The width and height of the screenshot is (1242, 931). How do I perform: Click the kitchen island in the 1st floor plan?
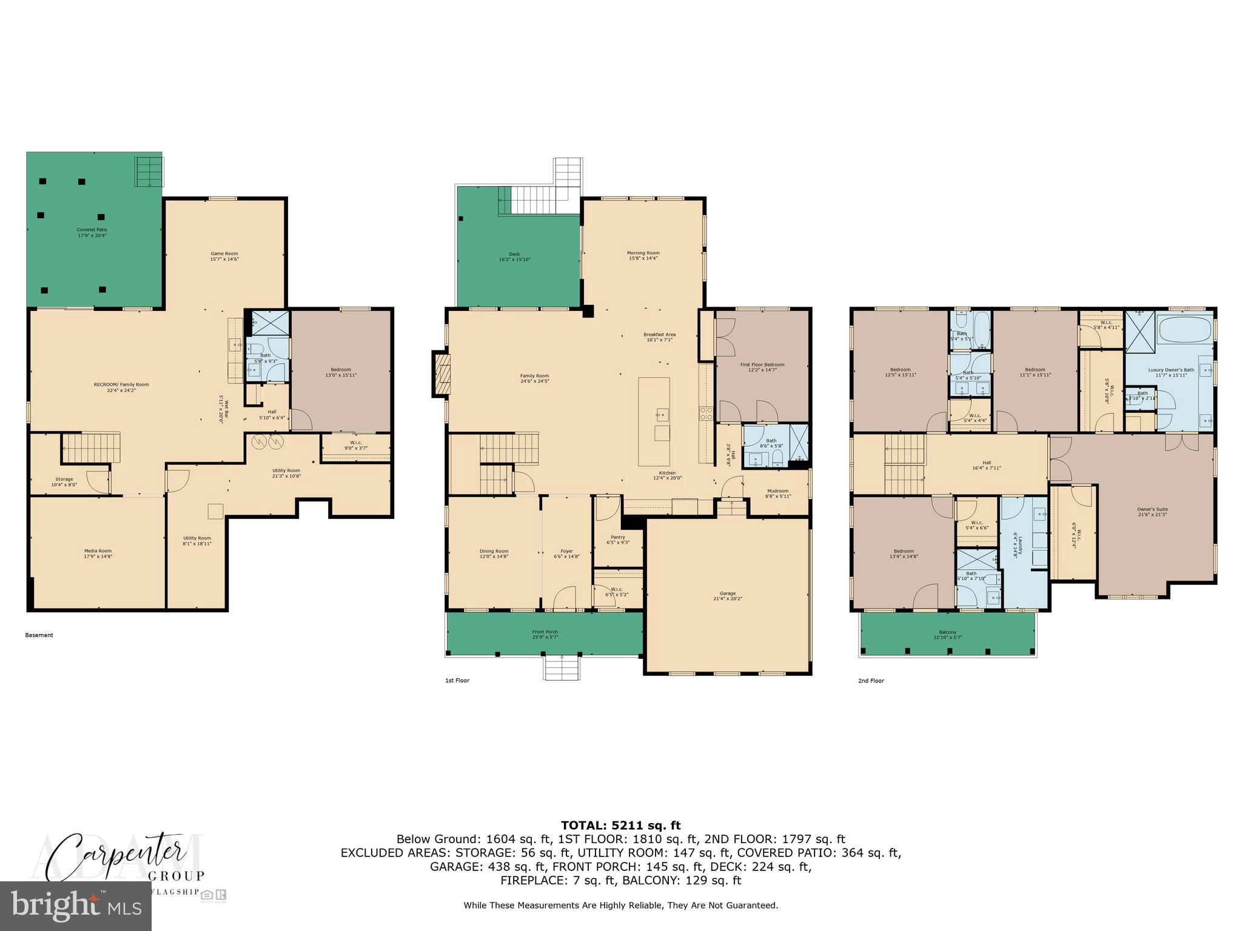[x=654, y=421]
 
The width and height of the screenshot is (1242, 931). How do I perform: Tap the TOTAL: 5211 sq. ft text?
[x=620, y=825]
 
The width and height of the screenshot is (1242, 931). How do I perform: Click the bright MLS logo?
[x=75, y=906]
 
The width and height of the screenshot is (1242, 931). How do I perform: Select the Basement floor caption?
[x=39, y=635]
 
